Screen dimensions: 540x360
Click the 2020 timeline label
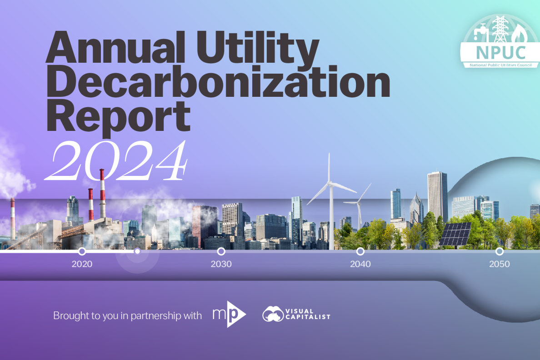(82, 264)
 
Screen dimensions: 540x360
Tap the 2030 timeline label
(221, 264)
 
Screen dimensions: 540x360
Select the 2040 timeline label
(360, 264)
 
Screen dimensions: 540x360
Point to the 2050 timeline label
(500, 264)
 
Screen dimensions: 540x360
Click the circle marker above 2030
(221, 251)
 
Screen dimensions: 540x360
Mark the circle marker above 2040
(360, 251)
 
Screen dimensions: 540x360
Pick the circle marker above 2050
(500, 251)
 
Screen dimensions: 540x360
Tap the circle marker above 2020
(82, 251)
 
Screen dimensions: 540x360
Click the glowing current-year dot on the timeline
(137, 251)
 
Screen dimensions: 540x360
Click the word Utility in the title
(258, 48)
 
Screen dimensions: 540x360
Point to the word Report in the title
(119, 116)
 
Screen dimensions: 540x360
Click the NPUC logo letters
(501, 53)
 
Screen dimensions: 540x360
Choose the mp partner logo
(229, 314)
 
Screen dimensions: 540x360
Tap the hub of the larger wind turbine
(330, 183)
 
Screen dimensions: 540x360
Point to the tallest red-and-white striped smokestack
(102, 194)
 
